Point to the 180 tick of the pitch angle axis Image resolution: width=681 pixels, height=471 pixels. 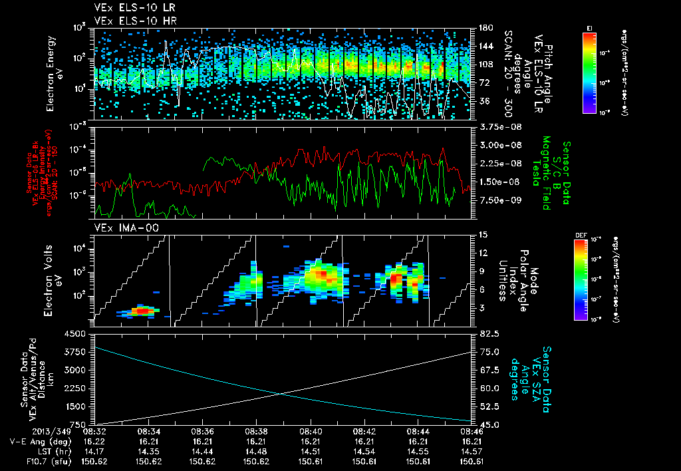coord(481,27)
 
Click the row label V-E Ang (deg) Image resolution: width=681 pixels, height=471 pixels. coord(37,441)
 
